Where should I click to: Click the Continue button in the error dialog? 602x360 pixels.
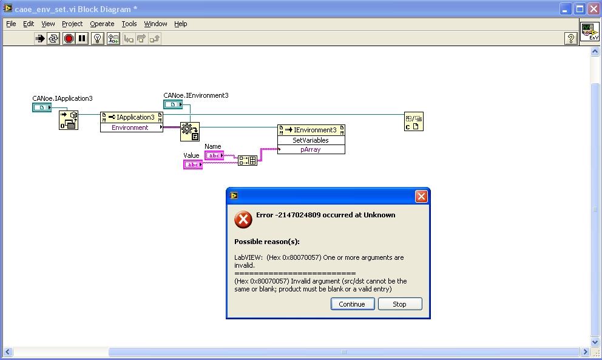(353, 304)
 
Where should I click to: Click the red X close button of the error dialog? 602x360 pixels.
(421, 196)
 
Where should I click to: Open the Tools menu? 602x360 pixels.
(129, 24)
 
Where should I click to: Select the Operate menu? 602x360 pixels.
(102, 24)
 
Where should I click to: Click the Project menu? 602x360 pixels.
(72, 24)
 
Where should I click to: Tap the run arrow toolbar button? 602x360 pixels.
(40, 38)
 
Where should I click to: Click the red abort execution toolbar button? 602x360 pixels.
(69, 38)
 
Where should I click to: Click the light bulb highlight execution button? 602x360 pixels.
(98, 38)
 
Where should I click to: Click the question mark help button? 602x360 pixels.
(571, 38)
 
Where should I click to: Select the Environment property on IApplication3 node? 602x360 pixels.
(130, 127)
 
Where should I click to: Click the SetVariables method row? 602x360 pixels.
(311, 140)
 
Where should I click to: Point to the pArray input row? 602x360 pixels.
(311, 149)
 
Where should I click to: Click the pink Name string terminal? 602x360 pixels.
(214, 155)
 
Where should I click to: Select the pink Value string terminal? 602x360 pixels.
(193, 165)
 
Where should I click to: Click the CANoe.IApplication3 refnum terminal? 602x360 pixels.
(42, 107)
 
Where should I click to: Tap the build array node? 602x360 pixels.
(247, 160)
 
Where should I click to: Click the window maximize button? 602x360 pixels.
(580, 9)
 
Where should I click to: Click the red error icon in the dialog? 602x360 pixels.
(243, 220)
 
